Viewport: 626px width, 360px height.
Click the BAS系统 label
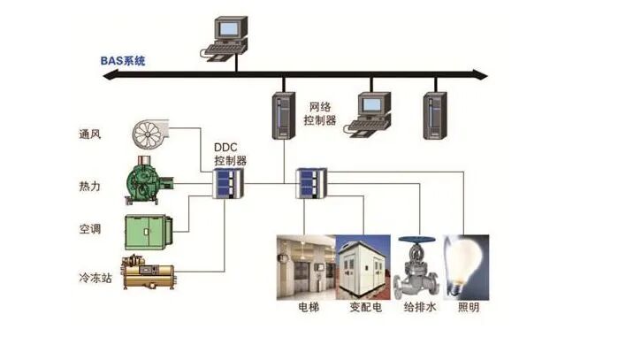[x=124, y=61]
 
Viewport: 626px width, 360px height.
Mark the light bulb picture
[x=466, y=265]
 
